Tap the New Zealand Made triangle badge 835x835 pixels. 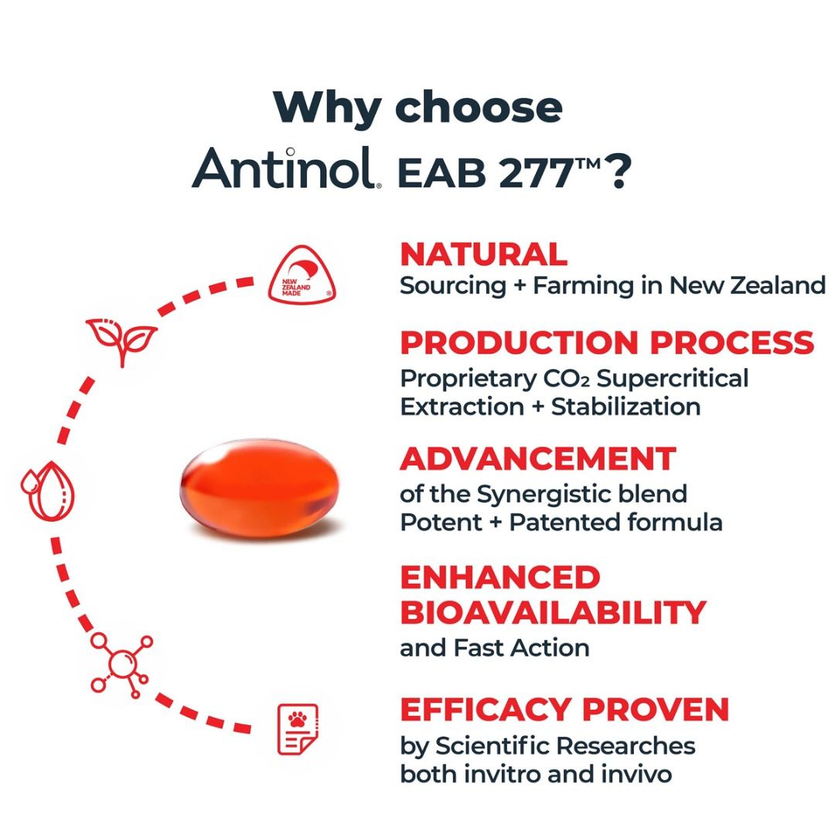click(x=302, y=274)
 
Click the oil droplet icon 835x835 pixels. click(x=48, y=491)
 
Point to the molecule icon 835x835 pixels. click(x=122, y=666)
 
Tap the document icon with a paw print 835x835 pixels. click(x=298, y=729)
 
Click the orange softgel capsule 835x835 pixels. click(x=259, y=489)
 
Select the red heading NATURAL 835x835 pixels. click(x=483, y=254)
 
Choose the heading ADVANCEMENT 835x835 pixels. click(x=538, y=458)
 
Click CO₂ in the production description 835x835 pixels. click(x=567, y=379)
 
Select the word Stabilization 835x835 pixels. click(x=625, y=407)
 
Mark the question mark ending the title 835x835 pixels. click(x=619, y=172)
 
